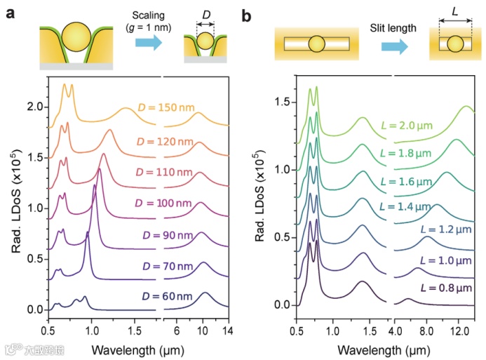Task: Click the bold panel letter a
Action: pos(12,13)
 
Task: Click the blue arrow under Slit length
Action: pos(397,46)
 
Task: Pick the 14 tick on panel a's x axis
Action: pos(229,330)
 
